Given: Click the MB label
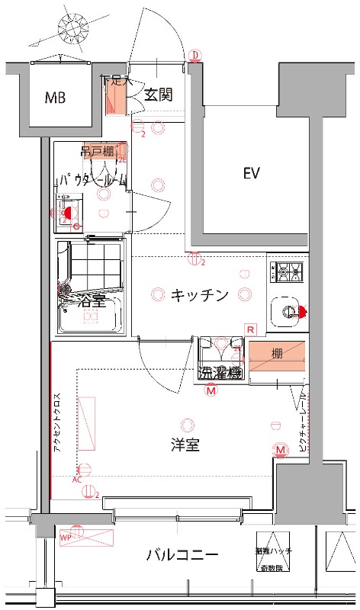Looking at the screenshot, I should tap(55, 98).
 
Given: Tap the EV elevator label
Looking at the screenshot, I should tap(252, 174).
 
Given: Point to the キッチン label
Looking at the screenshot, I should tap(199, 295).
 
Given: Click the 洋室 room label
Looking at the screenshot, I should tap(185, 445).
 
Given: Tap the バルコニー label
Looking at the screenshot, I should tap(182, 555).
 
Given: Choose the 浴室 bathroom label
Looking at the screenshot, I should tap(91, 302).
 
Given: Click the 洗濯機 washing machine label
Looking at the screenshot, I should tap(220, 373).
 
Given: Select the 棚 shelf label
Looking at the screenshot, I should tap(277, 352).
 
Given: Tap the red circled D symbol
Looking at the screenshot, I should tap(195, 55).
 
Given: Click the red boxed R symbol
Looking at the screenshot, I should tap(250, 329).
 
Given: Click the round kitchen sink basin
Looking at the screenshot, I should tap(288, 310).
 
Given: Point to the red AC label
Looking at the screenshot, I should tap(76, 480).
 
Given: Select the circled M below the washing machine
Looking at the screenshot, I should tap(211, 390).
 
